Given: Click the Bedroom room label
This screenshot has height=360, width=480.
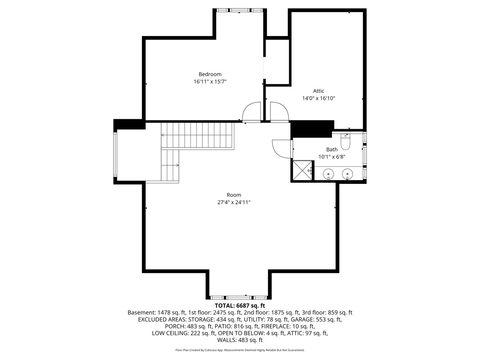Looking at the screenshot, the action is [210, 74].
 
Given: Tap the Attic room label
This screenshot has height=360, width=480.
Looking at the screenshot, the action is [318, 91].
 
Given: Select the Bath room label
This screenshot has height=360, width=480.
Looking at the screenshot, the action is [332, 149].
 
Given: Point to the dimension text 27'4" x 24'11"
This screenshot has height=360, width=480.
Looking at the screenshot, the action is [234, 202].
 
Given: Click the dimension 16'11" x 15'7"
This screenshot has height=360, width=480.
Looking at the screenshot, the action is [210, 82].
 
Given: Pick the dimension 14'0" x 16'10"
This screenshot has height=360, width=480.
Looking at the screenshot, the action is [318, 98].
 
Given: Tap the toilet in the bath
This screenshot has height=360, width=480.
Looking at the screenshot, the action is [346, 142].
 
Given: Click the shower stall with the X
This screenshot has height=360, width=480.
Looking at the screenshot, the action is [302, 170].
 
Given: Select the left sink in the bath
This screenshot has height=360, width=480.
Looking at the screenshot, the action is [328, 174].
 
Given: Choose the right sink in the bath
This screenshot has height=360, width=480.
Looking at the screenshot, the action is [348, 174].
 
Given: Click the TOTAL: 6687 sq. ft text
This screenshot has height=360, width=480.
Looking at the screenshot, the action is [240, 305].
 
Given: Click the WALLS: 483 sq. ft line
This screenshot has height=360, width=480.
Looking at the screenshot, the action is [240, 340].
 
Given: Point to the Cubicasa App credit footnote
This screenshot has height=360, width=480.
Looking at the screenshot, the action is [240, 350].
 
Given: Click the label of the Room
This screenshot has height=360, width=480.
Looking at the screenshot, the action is [234, 195].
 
